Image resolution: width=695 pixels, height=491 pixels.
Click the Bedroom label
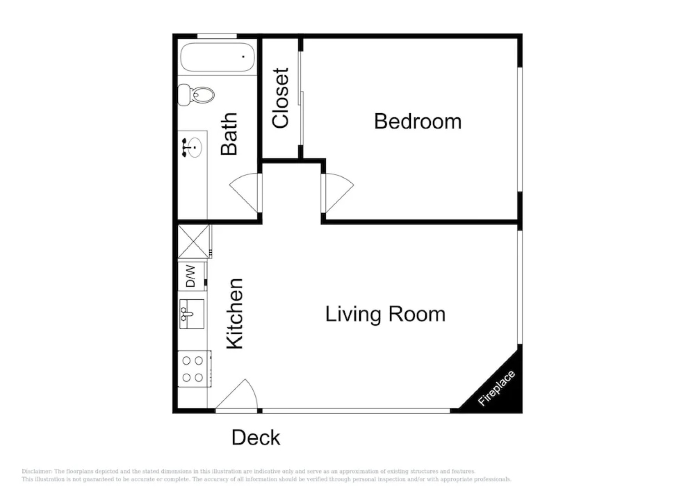click(418, 122)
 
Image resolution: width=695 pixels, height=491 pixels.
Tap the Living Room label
click(385, 315)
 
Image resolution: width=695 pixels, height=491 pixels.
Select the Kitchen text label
click(235, 314)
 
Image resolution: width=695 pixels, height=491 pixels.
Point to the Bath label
click(229, 134)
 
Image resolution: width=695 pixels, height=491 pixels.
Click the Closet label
click(281, 98)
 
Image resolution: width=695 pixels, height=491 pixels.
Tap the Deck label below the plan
click(256, 438)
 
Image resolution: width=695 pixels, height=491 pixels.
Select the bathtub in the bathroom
click(217, 57)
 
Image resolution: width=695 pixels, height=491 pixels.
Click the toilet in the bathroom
click(196, 95)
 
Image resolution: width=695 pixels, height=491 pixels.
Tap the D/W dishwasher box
click(191, 276)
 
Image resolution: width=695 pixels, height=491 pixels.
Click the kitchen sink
click(191, 314)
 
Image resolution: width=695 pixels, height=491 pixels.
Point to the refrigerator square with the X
click(194, 241)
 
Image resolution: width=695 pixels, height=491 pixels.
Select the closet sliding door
click(301, 98)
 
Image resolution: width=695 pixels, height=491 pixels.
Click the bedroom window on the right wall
click(520, 130)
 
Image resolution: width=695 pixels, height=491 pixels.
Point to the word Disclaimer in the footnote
click(37, 471)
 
